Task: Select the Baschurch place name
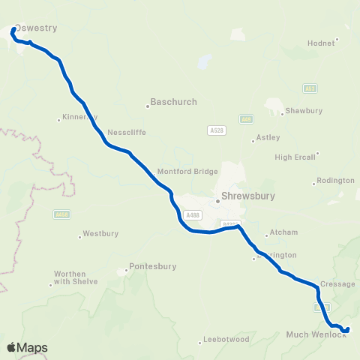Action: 173,100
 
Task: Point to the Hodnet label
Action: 320,43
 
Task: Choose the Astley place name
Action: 268,137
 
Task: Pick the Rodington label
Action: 335,181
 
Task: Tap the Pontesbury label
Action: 151,265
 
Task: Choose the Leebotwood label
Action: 226,340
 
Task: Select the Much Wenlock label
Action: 316,334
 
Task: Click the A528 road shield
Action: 216,130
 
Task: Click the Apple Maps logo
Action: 27,347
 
